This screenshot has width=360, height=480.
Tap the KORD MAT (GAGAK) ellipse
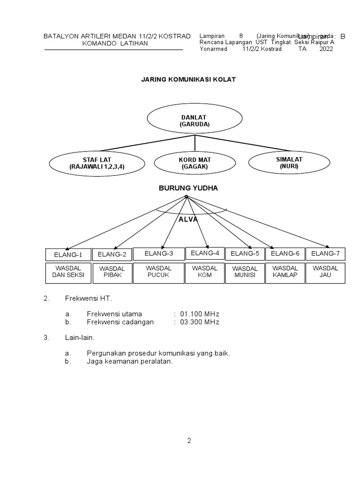(187, 163)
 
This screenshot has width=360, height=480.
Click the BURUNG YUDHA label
(188, 188)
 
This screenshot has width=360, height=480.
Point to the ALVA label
(188, 219)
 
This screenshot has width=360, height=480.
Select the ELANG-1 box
(67, 255)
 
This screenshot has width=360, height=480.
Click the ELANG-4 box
(205, 253)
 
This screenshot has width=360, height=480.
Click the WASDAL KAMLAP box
(285, 272)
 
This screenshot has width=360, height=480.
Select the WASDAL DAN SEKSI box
(68, 272)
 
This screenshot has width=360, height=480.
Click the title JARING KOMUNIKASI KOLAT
(188, 80)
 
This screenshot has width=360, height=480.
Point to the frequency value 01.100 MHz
(200, 314)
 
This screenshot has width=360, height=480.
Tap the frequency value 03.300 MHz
(200, 322)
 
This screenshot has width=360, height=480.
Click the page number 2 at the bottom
(189, 441)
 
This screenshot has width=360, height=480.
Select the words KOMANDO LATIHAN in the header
(115, 44)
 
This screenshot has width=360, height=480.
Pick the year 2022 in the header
(326, 49)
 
